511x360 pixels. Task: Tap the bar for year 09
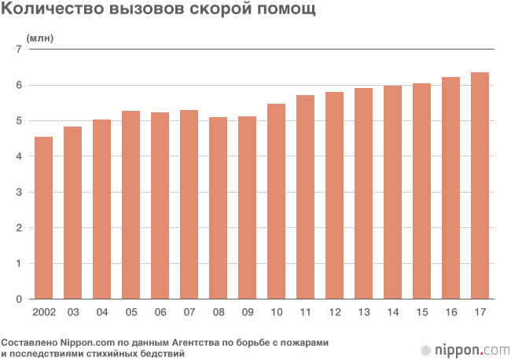(248, 208)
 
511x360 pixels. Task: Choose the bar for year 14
(392, 192)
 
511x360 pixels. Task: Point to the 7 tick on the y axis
(17, 49)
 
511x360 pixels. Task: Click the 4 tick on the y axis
(17, 156)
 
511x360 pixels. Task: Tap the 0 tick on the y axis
(17, 299)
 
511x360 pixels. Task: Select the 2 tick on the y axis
(17, 228)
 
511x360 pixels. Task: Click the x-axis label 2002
(44, 313)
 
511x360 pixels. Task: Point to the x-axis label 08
(219, 313)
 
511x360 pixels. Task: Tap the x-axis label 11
(306, 313)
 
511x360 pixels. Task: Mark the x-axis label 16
(450, 313)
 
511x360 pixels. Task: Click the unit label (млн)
(40, 37)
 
